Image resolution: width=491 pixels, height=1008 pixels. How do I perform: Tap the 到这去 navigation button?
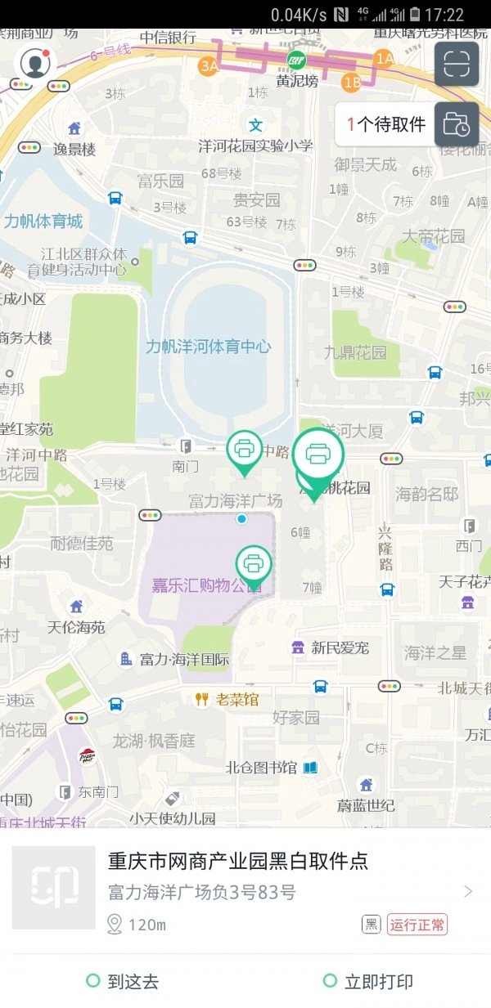point(123,982)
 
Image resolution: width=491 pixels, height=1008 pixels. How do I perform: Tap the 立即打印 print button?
point(367,982)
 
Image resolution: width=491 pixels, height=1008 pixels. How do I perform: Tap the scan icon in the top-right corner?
point(456,64)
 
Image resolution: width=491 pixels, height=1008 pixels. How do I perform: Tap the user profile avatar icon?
point(34,63)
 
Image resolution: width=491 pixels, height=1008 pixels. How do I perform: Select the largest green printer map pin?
point(318,454)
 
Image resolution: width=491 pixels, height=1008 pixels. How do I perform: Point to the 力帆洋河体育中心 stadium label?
point(208,346)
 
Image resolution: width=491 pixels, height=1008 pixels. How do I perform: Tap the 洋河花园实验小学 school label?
point(255,146)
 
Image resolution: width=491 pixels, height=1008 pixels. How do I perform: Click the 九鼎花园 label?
point(355,353)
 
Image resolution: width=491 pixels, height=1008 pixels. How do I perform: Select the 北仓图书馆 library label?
point(262,768)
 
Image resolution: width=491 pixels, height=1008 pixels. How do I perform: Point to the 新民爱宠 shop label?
point(340,647)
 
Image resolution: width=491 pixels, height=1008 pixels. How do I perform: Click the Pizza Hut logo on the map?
point(87,756)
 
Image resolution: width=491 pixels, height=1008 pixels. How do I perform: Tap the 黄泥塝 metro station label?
point(295,81)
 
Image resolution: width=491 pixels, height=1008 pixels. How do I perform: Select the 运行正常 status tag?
point(417,925)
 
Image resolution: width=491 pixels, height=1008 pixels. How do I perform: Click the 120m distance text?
point(147,925)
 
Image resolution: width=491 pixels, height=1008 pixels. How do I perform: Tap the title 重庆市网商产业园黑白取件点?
point(238,861)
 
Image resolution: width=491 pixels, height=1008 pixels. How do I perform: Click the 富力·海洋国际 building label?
point(184,659)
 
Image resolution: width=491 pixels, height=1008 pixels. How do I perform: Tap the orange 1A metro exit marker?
point(384,58)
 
